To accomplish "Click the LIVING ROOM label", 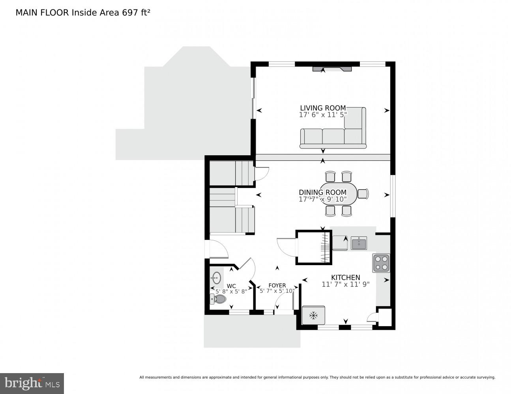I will click(x=323, y=108).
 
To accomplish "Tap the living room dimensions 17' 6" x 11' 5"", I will click(x=323, y=115).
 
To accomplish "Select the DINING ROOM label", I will click(x=322, y=193).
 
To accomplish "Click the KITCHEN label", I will click(x=345, y=277).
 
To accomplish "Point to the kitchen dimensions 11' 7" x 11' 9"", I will click(x=345, y=284).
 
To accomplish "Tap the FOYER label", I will click(x=277, y=286).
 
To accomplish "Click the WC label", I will click(x=231, y=286).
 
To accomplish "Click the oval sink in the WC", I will click(x=216, y=278).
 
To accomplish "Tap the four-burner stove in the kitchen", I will click(x=381, y=263).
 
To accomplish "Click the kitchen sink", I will click(x=359, y=243).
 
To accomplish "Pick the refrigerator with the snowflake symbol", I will click(x=314, y=315).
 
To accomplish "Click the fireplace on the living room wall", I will click(x=332, y=69).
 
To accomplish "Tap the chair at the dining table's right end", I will click(x=363, y=193).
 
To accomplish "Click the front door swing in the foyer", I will click(x=282, y=303).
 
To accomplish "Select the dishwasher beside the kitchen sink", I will click(x=340, y=243).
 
